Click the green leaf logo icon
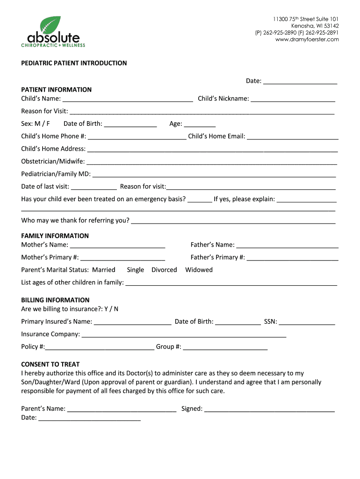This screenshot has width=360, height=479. coord(50,25)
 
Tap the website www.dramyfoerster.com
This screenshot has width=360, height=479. coord(307,40)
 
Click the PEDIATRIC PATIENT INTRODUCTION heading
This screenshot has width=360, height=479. coord(74,63)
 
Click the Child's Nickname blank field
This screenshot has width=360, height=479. coord(293,99)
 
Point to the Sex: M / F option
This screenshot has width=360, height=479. coord(36,124)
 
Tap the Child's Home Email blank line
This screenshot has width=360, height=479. coord(293,137)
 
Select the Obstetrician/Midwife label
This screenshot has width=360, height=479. coord(53,161)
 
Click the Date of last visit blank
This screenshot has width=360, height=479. coord(94,187)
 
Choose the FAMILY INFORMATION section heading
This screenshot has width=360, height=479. coord(55,236)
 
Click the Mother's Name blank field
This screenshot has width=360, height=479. coord(117,246)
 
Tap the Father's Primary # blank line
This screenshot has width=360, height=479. coord(293,258)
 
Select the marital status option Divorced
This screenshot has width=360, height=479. coord(164,270)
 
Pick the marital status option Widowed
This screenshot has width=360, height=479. coord(199,270)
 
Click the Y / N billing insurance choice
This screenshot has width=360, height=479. coord(111,309)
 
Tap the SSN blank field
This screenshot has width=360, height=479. coord(307,322)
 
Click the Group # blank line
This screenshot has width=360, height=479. coord(225,348)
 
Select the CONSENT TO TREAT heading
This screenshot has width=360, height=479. coord(50,364)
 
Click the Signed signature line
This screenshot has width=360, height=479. coord(269,409)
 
